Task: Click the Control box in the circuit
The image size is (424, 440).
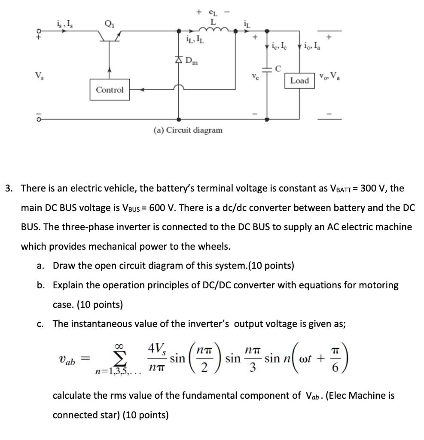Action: point(110,90)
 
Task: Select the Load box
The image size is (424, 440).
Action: point(299,80)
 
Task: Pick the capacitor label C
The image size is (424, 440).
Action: point(278,68)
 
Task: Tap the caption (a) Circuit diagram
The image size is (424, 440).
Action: point(188,129)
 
